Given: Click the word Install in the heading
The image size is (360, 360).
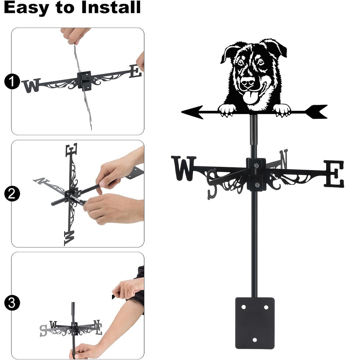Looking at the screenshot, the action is [x=111, y=7].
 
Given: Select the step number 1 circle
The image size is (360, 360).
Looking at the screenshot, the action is [x=12, y=81].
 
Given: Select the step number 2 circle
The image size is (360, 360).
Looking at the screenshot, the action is [x=12, y=194].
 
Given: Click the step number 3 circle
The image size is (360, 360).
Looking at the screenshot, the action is [x=12, y=303].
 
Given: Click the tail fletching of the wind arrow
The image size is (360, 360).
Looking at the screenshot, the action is [x=316, y=112].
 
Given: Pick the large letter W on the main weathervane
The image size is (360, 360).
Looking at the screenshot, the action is [x=184, y=168].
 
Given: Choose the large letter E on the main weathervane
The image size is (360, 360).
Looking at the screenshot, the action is [x=334, y=174].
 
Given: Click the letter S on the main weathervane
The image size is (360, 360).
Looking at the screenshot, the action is [x=212, y=184].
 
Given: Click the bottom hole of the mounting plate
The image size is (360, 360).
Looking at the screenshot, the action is [x=255, y=339].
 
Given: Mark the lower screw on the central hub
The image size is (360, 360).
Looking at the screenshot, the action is [x=257, y=185].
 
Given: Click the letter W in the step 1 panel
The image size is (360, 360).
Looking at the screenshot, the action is [x=31, y=86].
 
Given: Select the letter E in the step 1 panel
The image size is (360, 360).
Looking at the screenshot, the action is [x=135, y=71].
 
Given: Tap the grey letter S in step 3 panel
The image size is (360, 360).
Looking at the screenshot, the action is [x=43, y=331].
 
